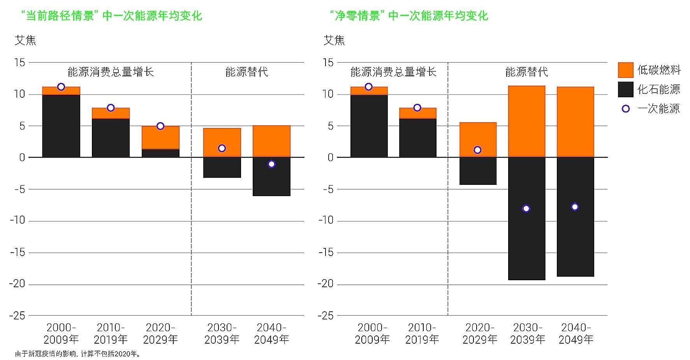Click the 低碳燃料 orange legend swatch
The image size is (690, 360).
click(625, 70)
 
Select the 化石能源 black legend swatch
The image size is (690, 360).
click(625, 89)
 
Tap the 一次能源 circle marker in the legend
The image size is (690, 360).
click(625, 109)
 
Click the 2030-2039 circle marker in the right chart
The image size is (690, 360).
click(526, 209)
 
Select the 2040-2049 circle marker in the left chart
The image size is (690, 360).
click(271, 164)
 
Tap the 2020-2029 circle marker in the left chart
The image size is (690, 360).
click(160, 126)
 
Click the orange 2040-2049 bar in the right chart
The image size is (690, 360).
click(575, 121)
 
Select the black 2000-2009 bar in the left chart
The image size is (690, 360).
click(61, 126)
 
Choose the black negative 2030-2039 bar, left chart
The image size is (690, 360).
click(222, 167)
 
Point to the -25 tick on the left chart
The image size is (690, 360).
click(17, 316)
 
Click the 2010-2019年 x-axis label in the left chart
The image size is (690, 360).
click(111, 334)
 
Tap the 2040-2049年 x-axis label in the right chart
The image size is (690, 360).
click(576, 334)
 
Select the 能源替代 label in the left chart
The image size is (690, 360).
click(247, 72)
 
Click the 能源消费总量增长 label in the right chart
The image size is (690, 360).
click(393, 72)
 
